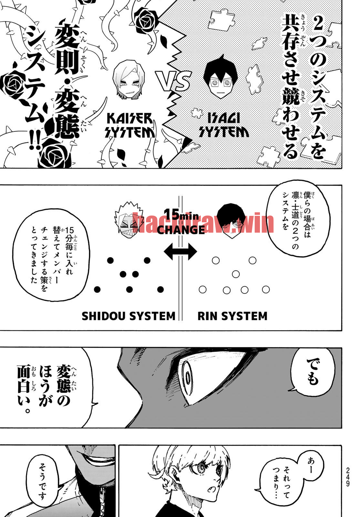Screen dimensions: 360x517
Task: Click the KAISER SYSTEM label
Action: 129,125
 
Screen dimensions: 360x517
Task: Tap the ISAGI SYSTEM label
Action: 224,125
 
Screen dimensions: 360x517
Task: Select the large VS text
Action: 174,81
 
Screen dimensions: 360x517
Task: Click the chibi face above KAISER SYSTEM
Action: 129,79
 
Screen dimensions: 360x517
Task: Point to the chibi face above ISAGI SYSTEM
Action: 221,76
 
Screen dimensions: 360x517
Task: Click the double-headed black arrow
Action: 180,251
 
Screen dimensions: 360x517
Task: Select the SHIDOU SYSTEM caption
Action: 129,316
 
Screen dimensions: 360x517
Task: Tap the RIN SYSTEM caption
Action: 232,316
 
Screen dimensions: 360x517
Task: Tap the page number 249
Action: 348,477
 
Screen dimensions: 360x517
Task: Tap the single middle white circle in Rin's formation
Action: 236,274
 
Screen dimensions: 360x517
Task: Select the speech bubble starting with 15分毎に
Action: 51,255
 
